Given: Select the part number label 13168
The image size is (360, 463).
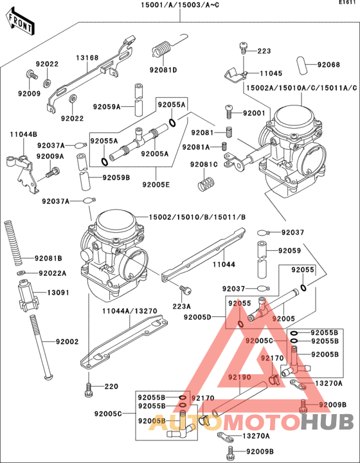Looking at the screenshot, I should pos(87,58).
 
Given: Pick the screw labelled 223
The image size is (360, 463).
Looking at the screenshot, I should pos(244,47).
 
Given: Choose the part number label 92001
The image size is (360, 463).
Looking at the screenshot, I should pos(253,113).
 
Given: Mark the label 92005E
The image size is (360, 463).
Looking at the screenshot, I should pos(155,183).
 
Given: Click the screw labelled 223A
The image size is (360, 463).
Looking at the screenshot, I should pos(184,290).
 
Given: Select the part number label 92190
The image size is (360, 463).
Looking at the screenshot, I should pos(240,377).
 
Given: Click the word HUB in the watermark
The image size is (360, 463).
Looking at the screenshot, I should pos(328,422).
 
